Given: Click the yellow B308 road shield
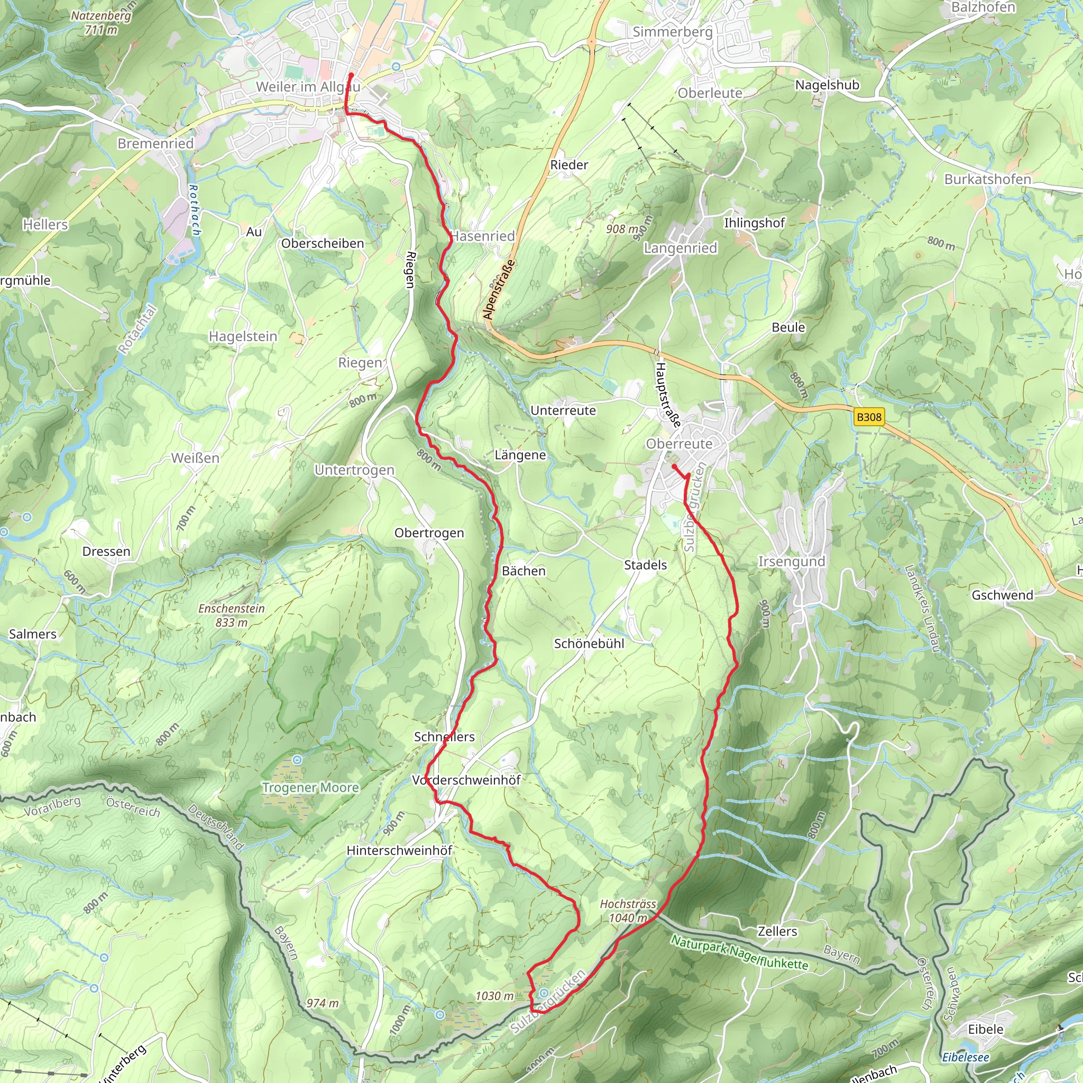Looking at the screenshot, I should (x=869, y=417).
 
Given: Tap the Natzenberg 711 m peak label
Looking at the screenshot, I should (x=101, y=22).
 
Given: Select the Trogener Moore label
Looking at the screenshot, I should (x=310, y=787).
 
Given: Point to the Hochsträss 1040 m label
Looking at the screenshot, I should (x=628, y=911).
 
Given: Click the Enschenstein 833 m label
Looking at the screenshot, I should (x=232, y=615).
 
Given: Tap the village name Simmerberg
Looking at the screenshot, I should (x=672, y=32).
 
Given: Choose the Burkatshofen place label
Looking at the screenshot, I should (x=988, y=179).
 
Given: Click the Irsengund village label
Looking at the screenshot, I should (x=792, y=562).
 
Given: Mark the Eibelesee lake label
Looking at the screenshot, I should (x=965, y=1057).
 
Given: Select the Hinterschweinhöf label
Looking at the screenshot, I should (x=399, y=850).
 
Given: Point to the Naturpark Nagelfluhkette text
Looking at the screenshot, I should (x=740, y=952).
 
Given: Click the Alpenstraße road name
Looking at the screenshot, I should (x=499, y=290).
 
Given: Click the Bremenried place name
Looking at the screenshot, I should (x=155, y=144).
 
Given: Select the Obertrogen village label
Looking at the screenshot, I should (x=429, y=533).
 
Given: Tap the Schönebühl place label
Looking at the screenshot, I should (x=589, y=644).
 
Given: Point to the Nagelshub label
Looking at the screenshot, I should (x=827, y=85).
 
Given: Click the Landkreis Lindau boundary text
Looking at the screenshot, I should (x=922, y=608).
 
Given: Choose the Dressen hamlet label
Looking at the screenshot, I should (x=106, y=552).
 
